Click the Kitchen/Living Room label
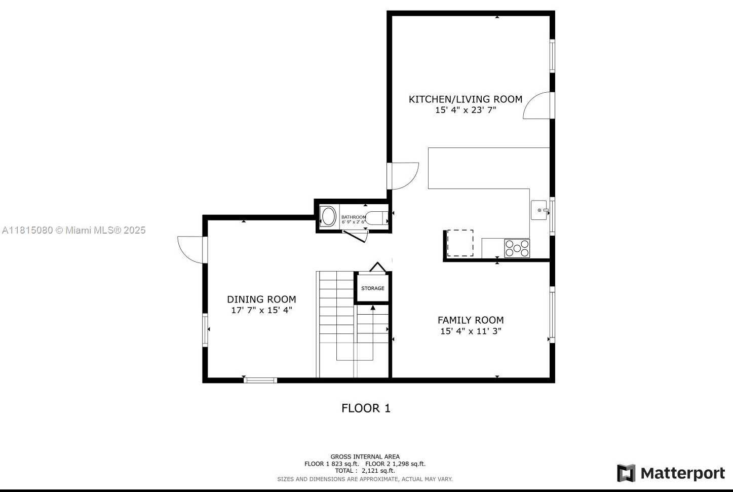pos(466,99)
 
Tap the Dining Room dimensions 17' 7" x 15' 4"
pos(261,310)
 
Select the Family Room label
pos(471,320)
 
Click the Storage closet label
pos(373,288)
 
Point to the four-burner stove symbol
pos(517,248)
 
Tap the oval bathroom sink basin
pos(328,216)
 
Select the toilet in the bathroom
pos(377,218)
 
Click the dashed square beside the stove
pos(460,243)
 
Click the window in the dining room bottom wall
pos(260,381)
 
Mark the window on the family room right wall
pos(552,315)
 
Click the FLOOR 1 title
pos(366,408)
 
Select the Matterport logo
pos(671,473)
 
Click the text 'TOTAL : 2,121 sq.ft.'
pos(365,471)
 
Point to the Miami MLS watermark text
pos(73,231)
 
